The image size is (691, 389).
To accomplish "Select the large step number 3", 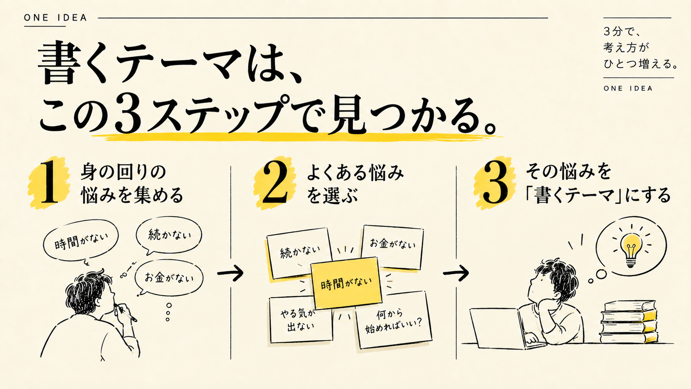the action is point(496,183).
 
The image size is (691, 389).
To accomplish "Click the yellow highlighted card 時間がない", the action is point(346,283).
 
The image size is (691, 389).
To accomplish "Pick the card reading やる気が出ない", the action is point(301,320).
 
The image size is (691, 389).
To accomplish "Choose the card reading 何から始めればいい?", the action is point(393,321).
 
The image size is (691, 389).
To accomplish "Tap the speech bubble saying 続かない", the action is point(169,235).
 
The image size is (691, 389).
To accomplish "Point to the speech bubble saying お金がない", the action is point(169,278).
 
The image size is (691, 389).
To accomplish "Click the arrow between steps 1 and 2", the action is point(230,273).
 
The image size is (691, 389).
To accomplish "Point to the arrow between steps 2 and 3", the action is point(456,273).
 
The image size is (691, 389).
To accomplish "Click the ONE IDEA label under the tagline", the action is point(628,88).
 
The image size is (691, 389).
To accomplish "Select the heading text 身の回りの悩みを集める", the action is point(132,184).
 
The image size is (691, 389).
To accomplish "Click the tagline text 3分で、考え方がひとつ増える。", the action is point(640,48).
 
